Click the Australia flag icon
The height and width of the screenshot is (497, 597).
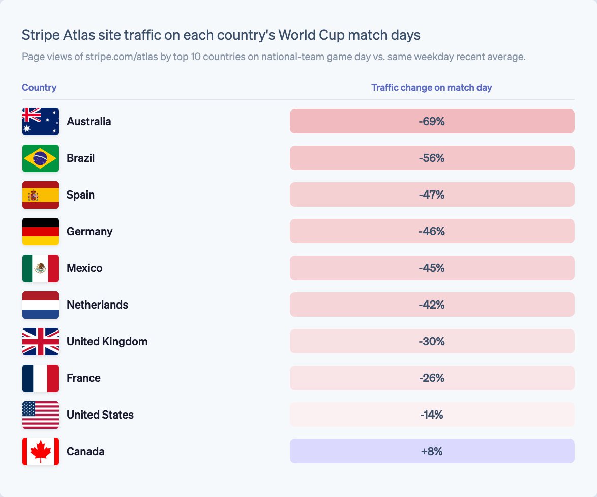tap(41, 122)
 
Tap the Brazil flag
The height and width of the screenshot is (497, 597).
tap(41, 158)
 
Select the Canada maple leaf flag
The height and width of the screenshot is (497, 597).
tap(41, 452)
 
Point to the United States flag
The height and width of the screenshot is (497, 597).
tap(41, 415)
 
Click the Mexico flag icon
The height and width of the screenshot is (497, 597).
tap(41, 268)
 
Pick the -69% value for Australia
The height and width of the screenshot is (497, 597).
tap(432, 121)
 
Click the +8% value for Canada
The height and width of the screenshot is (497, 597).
tap(432, 451)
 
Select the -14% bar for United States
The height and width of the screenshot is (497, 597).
tap(432, 415)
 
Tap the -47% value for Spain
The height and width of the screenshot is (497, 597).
tap(432, 195)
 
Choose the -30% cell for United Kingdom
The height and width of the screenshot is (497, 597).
tap(432, 341)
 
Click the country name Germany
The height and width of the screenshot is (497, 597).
tap(89, 232)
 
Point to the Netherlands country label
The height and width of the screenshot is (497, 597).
tap(98, 305)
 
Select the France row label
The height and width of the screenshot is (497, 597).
tap(84, 378)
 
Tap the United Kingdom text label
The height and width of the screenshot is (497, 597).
tap(107, 342)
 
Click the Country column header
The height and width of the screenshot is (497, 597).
tap(39, 87)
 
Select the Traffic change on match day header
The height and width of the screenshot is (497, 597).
tap(432, 87)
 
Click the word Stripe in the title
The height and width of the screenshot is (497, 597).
tap(41, 35)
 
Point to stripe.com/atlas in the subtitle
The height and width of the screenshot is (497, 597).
tap(122, 57)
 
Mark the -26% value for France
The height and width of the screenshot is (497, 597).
tap(432, 378)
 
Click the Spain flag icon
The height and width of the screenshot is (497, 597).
tap(41, 195)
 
